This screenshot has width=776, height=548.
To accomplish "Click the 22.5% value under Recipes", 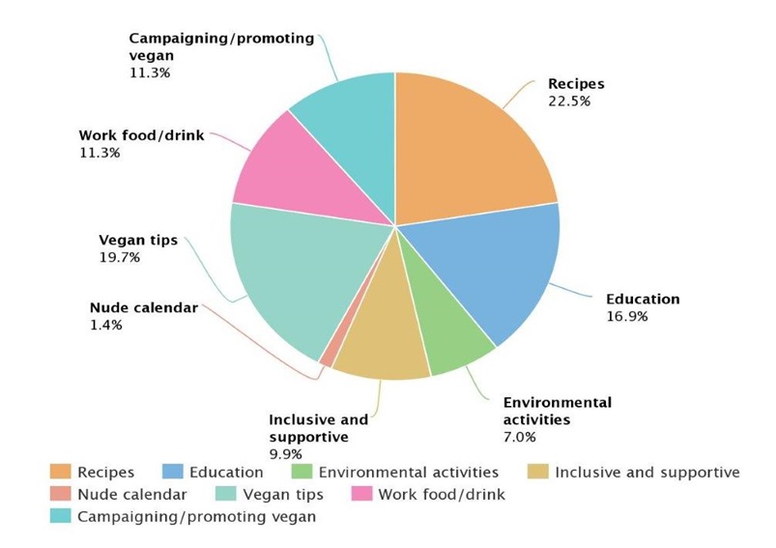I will click(570, 101).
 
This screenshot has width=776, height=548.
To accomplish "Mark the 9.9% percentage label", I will click(286, 453).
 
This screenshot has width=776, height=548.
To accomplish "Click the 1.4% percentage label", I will click(105, 325).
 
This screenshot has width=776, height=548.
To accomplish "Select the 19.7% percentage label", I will click(119, 257).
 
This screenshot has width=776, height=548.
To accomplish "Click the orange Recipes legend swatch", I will click(61, 473).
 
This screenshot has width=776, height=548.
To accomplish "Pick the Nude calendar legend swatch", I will click(61, 495).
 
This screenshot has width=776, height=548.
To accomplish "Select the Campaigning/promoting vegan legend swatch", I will click(61, 517).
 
